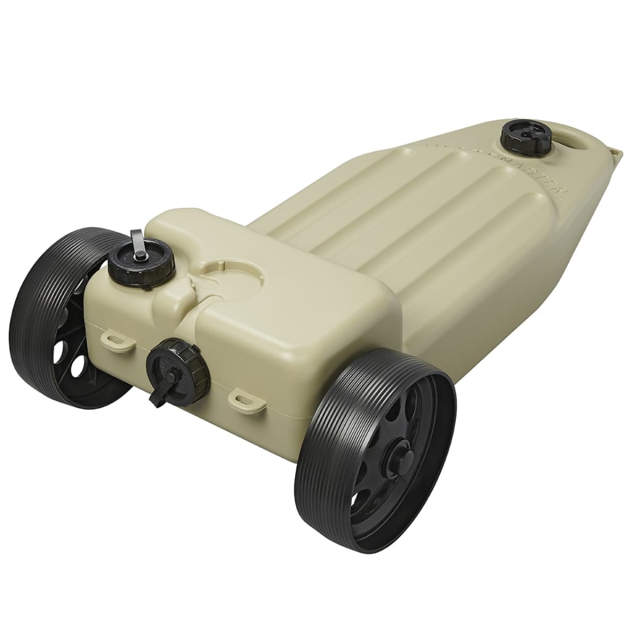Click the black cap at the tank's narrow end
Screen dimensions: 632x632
pos(525,136)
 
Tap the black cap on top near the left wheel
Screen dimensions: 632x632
pos(141,264)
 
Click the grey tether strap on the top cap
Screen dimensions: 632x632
pos(137,241)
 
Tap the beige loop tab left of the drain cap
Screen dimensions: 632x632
pos(117,341)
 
